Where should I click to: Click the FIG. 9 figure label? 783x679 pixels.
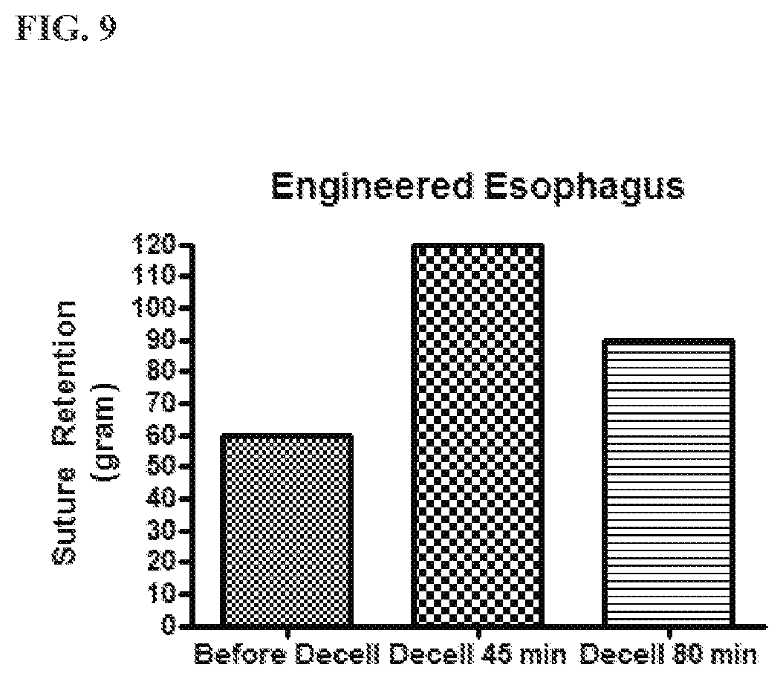[x=66, y=29]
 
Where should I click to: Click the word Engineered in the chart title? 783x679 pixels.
[x=372, y=188]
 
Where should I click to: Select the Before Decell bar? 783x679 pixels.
[x=287, y=530]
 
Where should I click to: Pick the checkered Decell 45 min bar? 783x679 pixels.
[x=478, y=435]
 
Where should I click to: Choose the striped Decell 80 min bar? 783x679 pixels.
[x=669, y=482]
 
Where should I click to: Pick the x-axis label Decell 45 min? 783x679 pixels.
[x=478, y=655]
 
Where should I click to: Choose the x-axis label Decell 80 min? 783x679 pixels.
[x=669, y=655]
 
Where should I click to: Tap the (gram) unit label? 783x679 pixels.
[x=104, y=432]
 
